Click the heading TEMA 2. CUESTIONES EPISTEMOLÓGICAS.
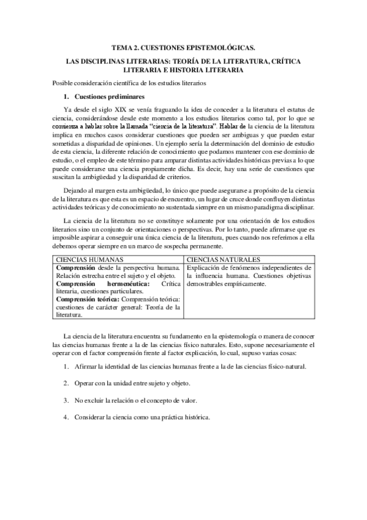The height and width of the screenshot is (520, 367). pyautogui.click(x=183, y=47)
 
